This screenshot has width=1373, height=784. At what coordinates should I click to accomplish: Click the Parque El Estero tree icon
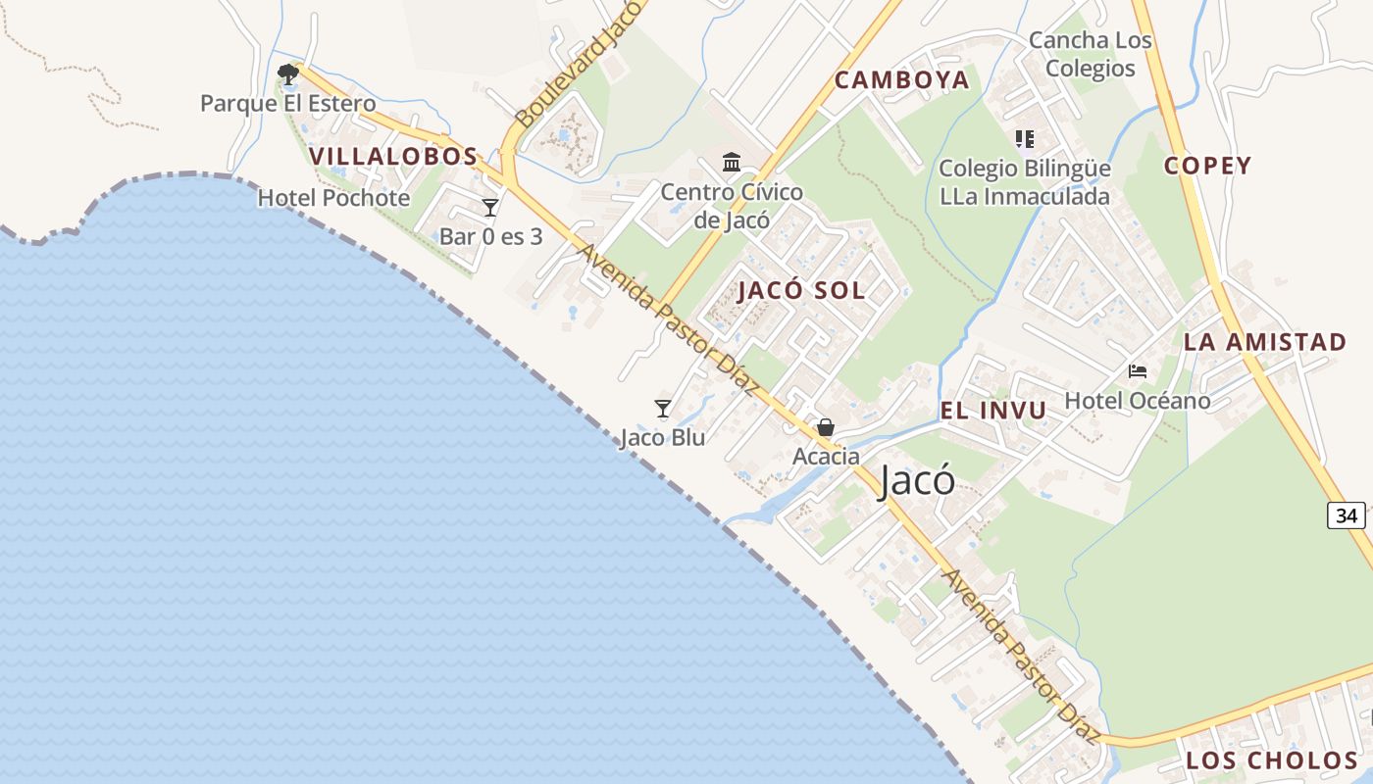pyautogui.click(x=287, y=74)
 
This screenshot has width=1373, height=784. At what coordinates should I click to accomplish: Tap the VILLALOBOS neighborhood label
pyautogui.click(x=393, y=156)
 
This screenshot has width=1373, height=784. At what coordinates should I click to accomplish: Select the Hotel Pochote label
pyautogui.click(x=333, y=198)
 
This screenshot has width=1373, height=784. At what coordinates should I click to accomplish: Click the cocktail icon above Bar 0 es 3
pyautogui.click(x=490, y=208)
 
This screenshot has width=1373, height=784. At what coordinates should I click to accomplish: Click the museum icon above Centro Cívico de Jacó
pyautogui.click(x=732, y=162)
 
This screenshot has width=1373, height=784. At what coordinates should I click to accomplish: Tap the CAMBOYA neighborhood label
pyautogui.click(x=901, y=80)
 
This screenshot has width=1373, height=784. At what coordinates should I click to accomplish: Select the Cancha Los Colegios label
pyautogui.click(x=1090, y=54)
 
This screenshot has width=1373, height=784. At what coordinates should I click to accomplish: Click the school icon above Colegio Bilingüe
pyautogui.click(x=1025, y=139)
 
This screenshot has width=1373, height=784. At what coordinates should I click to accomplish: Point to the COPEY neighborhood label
pyautogui.click(x=1207, y=166)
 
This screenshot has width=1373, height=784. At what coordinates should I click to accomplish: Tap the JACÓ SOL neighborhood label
pyautogui.click(x=801, y=291)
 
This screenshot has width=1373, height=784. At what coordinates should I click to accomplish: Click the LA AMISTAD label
pyautogui.click(x=1264, y=342)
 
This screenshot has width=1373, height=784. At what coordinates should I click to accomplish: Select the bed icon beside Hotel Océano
pyautogui.click(x=1138, y=371)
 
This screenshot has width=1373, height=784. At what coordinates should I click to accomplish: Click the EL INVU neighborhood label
pyautogui.click(x=993, y=411)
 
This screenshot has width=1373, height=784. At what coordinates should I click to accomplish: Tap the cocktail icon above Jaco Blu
pyautogui.click(x=663, y=409)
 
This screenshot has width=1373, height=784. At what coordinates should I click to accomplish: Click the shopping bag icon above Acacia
pyautogui.click(x=826, y=427)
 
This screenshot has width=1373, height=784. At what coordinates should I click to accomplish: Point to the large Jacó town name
pyautogui.click(x=917, y=481)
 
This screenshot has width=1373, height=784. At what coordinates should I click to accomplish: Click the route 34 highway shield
pyautogui.click(x=1347, y=514)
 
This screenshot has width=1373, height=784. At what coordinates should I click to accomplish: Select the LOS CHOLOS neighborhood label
pyautogui.click(x=1271, y=760)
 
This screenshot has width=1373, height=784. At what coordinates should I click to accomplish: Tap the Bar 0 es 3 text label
pyautogui.click(x=490, y=236)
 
